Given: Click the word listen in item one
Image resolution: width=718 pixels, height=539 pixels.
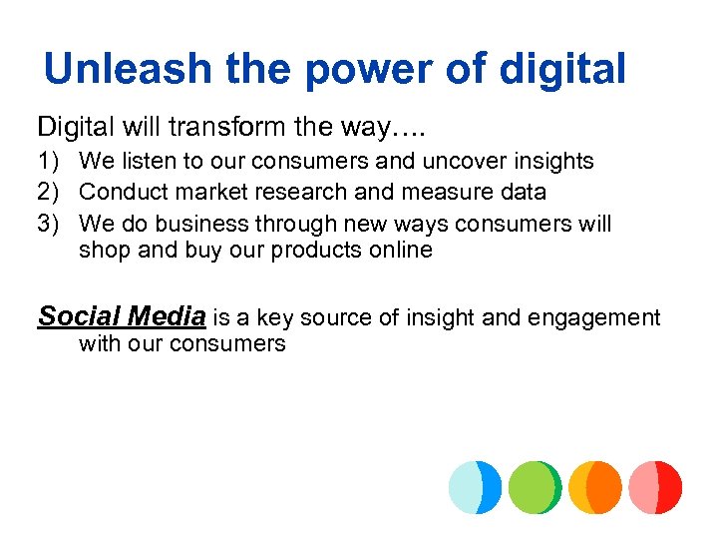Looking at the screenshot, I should tap(145, 161).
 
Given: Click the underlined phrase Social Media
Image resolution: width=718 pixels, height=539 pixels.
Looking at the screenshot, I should tap(122, 317).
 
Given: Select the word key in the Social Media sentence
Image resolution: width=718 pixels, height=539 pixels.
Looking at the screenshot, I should tap(269, 318).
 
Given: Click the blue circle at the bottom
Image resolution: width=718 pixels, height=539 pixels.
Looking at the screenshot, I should tap(475, 487).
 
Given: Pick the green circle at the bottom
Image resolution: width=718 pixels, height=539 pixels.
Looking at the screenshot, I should tap(535, 487).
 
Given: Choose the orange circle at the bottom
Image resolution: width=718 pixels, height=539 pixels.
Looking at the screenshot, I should tap(595, 487).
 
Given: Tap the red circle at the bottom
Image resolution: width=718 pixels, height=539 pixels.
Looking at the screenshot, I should tap(655, 487).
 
